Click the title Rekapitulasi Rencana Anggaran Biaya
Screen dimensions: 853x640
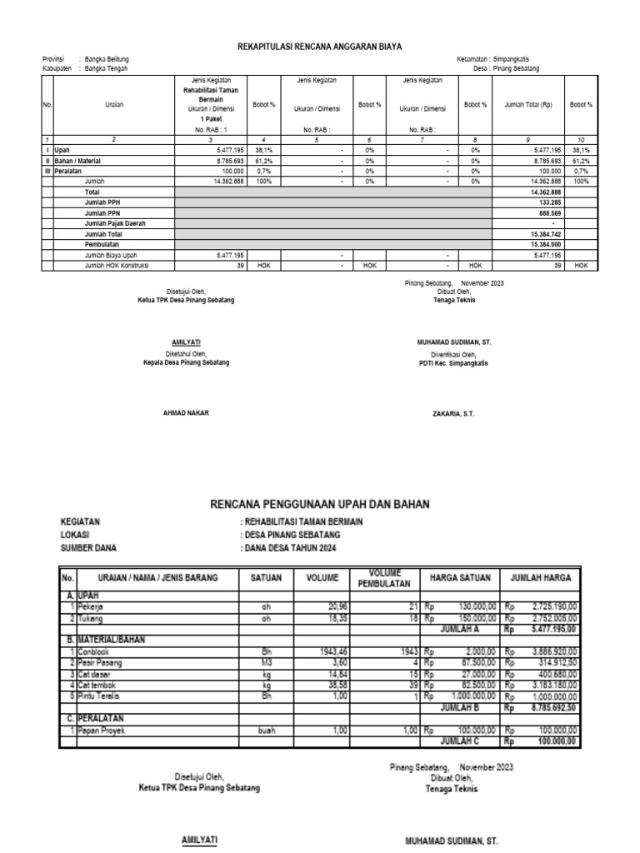(318, 48)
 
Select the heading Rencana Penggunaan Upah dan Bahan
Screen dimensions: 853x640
(320, 505)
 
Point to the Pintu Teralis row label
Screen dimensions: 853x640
(98, 695)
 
